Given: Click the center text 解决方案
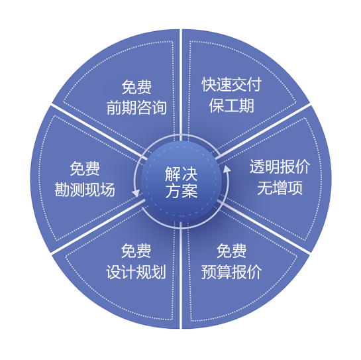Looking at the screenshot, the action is coord(181,182).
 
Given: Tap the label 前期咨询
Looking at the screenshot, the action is coord(136,107).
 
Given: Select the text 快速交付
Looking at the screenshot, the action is coord(232,84).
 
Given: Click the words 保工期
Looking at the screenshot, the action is coord(232,105).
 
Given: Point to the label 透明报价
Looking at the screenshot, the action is coord(280,166).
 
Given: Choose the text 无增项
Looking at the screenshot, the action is coord(280,188).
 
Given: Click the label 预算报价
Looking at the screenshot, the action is coord(231,272).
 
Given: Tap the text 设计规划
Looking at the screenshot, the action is coord(136,272).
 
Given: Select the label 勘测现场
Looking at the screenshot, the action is coord(85,190).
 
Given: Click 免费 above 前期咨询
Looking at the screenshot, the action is coord(136,87).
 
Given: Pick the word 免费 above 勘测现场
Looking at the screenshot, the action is coord(85,168).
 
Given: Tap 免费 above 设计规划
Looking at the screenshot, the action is coord(136,251).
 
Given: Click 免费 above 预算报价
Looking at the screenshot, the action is coord(231,251).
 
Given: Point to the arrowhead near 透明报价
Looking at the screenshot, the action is coord(227,169).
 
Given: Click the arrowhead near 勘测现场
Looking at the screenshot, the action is coord(136,193).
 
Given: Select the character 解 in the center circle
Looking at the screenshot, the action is coord(173,174).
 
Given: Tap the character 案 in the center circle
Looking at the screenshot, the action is coord(190,191).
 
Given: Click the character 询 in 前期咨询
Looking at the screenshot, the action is coord(159,107).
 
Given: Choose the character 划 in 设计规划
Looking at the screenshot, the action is coord(158,272).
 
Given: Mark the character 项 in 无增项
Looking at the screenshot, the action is coord(295,188).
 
